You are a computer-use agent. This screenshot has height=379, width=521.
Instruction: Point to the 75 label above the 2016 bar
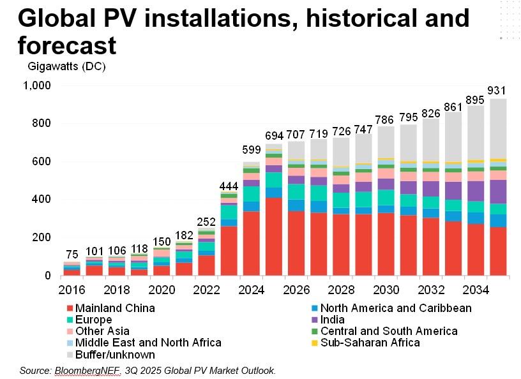(x=72, y=254)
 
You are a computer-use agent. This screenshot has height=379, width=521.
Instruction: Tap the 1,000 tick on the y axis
(x=36, y=85)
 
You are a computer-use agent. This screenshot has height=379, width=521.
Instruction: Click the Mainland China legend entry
(x=115, y=308)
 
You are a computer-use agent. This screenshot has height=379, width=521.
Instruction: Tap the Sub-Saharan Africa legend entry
(x=370, y=343)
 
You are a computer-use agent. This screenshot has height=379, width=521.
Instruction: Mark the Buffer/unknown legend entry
(x=115, y=354)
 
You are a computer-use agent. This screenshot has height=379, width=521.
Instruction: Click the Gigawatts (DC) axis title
(x=66, y=66)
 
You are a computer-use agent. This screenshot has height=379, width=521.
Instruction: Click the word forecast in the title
(x=67, y=46)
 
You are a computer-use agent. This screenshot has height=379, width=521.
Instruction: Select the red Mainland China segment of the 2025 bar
(x=273, y=236)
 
